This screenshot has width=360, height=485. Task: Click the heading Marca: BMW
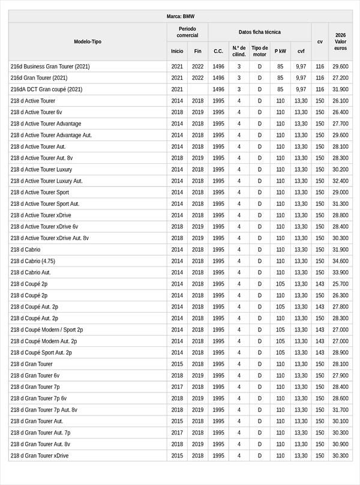(x=181, y=16)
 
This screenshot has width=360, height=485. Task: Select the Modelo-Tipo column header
(x=88, y=41)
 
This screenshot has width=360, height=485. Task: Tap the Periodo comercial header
(x=187, y=32)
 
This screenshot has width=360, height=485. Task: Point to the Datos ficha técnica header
(x=259, y=32)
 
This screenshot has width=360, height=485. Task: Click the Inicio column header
(x=177, y=51)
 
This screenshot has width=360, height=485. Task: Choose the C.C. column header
(x=218, y=51)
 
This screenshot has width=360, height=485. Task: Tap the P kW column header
(x=280, y=51)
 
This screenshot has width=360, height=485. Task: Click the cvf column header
(x=301, y=51)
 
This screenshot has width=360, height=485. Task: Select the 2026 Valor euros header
(x=340, y=41)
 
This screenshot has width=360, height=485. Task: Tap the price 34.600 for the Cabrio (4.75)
(x=340, y=261)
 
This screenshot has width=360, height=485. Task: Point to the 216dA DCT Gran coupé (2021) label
(x=46, y=89)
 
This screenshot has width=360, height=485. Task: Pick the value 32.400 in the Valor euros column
(x=340, y=181)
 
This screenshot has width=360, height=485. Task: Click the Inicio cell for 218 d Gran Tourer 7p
(x=177, y=387)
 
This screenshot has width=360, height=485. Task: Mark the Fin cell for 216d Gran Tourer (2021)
(x=197, y=78)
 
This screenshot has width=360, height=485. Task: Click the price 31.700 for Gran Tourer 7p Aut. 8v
(x=340, y=410)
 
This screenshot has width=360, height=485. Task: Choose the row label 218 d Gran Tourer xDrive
(x=40, y=456)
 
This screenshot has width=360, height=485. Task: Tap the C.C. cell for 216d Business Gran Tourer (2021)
(x=218, y=67)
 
